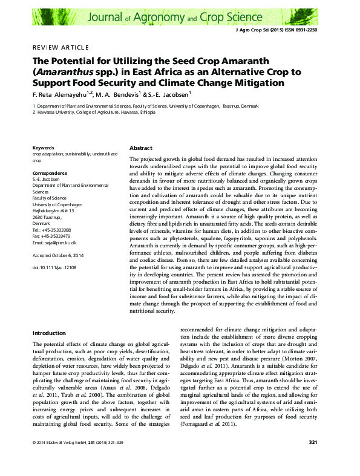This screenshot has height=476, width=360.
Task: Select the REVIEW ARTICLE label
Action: tap(61, 48)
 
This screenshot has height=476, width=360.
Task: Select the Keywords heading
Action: tap(43, 147)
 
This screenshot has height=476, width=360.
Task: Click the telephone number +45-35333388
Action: tap(56, 230)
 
